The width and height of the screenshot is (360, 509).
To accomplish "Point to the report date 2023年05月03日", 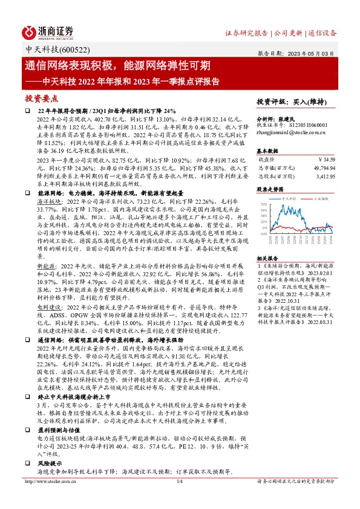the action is (313, 53).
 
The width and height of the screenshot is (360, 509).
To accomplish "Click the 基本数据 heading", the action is (268, 150).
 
